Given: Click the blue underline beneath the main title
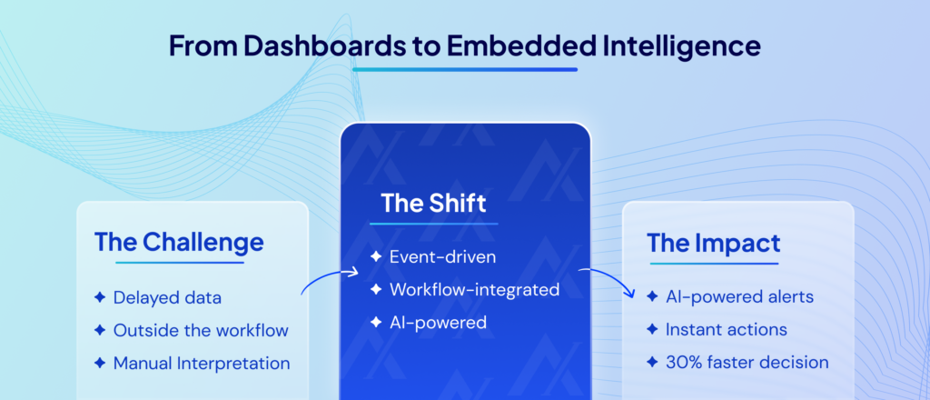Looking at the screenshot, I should pyautogui.click(x=464, y=69).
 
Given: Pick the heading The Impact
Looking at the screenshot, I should pyautogui.click(x=713, y=243).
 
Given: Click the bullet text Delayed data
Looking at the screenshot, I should pyautogui.click(x=166, y=297).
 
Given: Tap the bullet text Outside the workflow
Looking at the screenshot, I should pyautogui.click(x=201, y=330).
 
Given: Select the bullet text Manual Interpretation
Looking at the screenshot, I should pyautogui.click(x=202, y=363).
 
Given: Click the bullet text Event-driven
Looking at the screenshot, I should pyautogui.click(x=443, y=257).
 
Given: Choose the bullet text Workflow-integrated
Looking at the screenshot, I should pyautogui.click(x=474, y=290).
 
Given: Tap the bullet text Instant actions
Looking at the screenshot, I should pyautogui.click(x=726, y=329).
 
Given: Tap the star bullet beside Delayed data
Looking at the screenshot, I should pyautogui.click(x=100, y=297).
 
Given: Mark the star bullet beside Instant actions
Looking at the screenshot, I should pyautogui.click(x=652, y=329).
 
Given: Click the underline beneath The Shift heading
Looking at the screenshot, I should pyautogui.click(x=433, y=223).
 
